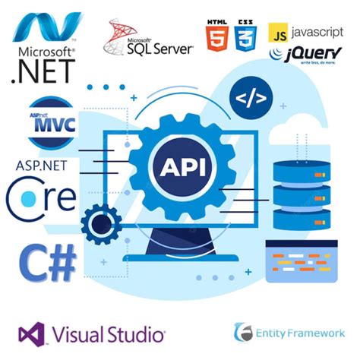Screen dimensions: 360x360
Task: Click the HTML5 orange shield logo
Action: (217, 36)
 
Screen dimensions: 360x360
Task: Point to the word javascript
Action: (317, 33)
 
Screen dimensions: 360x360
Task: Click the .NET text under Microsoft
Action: (43, 72)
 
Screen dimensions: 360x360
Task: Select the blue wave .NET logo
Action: (47, 27)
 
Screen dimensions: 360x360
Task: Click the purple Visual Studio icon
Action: (33, 333)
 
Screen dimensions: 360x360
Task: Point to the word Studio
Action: (137, 333)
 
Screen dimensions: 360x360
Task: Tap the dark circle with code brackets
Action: (251, 99)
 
